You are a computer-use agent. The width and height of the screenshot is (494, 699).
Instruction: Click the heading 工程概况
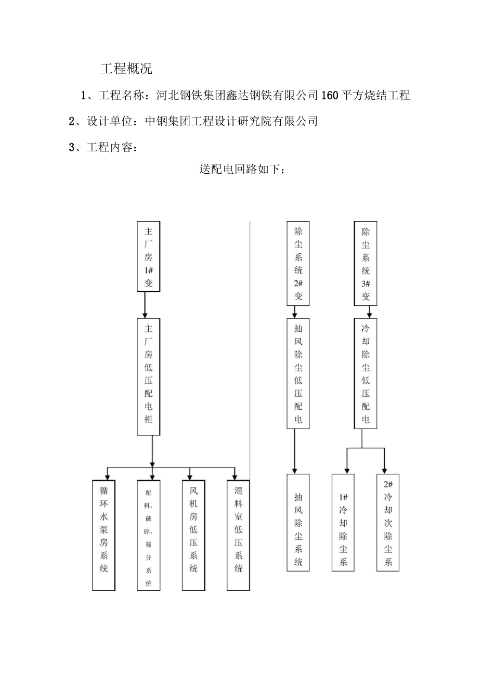(126, 69)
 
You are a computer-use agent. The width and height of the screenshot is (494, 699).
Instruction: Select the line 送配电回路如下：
(242, 170)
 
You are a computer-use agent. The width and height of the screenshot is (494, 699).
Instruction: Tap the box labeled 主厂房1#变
(148, 256)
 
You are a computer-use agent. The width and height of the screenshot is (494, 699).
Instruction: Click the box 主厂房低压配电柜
(148, 377)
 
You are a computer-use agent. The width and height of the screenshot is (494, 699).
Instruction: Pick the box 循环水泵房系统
(103, 535)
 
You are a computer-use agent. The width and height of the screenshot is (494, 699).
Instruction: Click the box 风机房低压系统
(193, 535)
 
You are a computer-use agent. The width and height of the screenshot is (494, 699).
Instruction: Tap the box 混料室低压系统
(238, 535)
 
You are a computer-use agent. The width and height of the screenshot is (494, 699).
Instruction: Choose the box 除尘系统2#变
(298, 263)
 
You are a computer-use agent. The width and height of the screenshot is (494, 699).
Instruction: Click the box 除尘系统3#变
(366, 264)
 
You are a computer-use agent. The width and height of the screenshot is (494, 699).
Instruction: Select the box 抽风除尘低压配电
(298, 373)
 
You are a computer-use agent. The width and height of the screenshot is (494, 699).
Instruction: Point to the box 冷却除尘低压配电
(366, 373)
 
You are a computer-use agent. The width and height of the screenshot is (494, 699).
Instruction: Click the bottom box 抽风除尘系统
(298, 523)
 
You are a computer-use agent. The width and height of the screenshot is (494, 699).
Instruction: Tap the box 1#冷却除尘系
(343, 523)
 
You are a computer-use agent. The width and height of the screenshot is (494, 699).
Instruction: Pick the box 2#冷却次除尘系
(388, 522)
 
